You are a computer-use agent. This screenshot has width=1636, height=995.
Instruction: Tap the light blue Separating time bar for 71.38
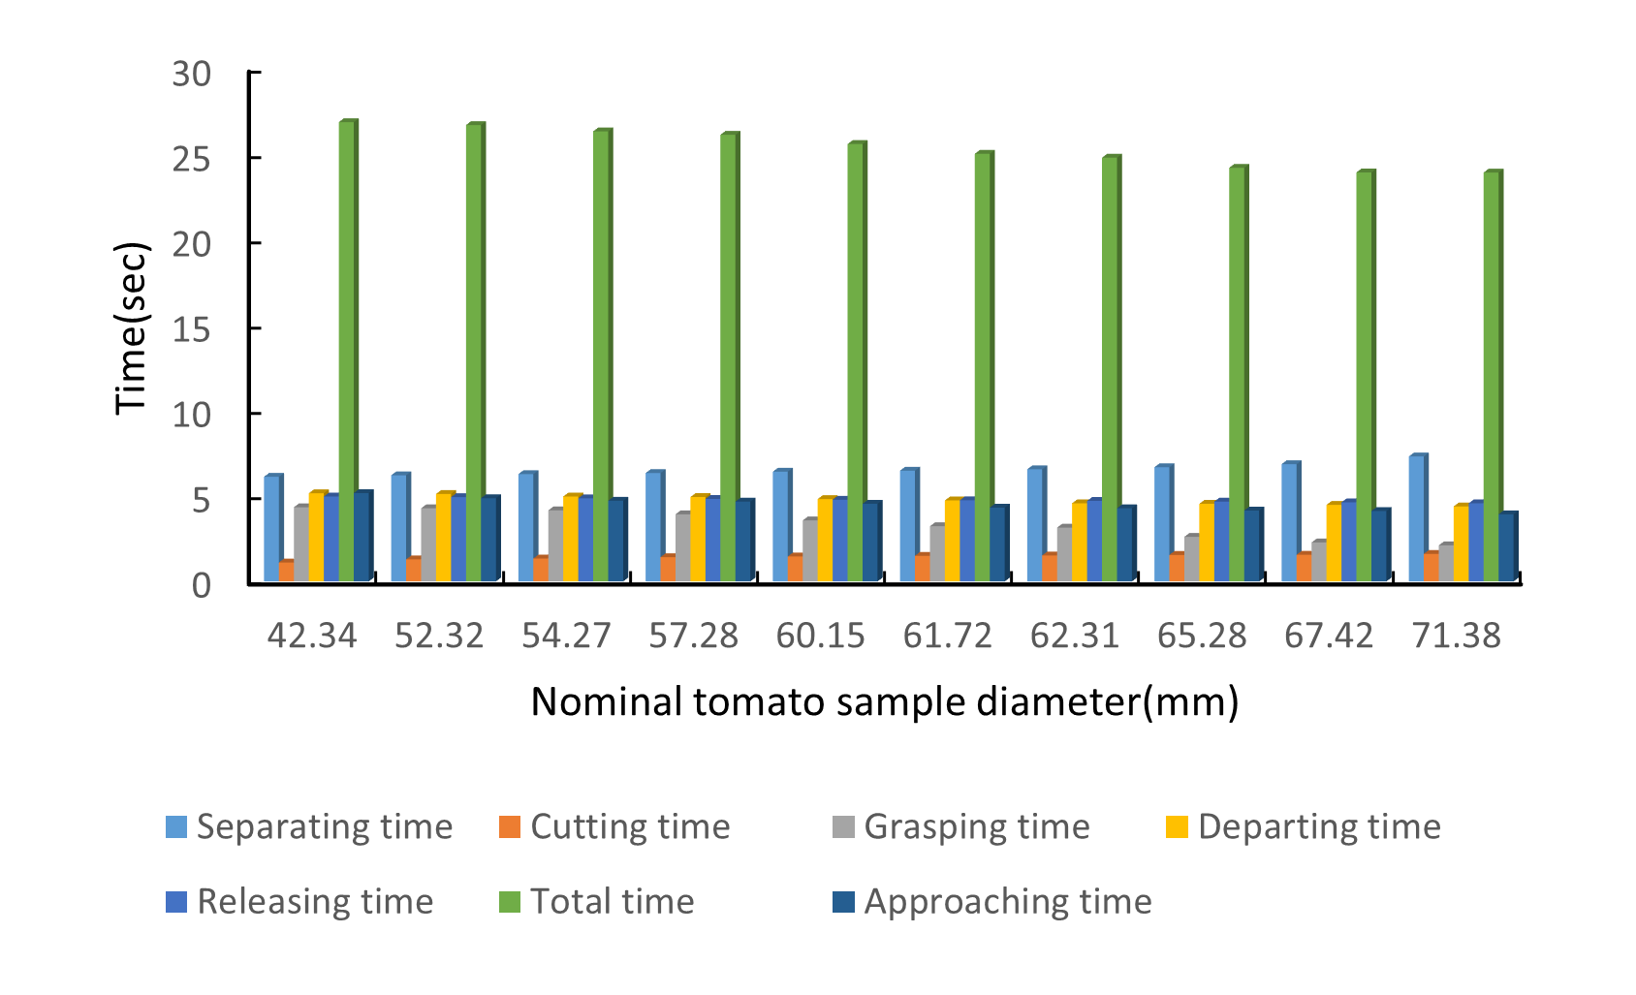pos(1416,518)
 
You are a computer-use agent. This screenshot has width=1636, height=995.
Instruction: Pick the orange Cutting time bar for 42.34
pos(286,572)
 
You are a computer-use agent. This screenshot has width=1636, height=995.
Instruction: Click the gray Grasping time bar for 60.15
pos(809,550)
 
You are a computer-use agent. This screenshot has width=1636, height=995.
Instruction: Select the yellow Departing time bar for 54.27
pos(571,539)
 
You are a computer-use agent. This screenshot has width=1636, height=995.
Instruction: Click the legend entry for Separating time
pos(309,826)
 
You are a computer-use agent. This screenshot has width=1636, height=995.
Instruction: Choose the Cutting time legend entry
pos(614,826)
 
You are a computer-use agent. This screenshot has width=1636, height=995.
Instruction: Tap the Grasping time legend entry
pos(961,826)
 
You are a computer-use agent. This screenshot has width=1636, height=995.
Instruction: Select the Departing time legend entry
pos(1304,826)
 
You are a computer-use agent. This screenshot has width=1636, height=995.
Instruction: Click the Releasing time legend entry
pos(299,901)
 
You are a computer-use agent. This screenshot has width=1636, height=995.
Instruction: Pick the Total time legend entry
pos(597,901)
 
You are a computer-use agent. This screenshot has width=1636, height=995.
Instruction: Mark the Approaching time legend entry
pos(992,901)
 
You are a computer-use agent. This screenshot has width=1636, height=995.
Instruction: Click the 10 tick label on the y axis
pos(191,415)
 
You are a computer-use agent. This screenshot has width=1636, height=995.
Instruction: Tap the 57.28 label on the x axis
pos(693,636)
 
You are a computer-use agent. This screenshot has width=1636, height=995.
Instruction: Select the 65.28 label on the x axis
pos(1202,636)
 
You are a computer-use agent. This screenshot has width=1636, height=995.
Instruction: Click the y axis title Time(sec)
pos(131,327)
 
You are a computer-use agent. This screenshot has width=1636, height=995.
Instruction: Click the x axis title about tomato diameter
pos(884,701)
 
